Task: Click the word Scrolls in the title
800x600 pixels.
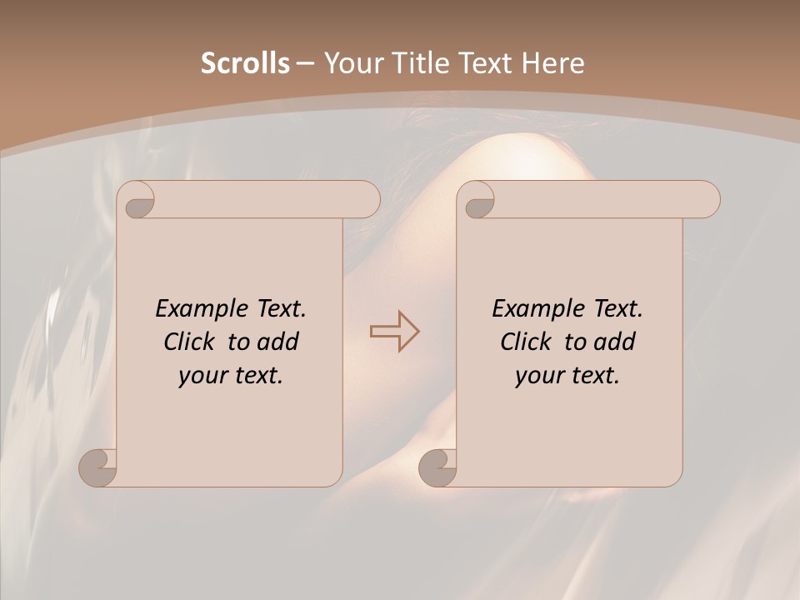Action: pos(245,63)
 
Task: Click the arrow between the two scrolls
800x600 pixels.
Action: pos(394,331)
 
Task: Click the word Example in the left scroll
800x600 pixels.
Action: pos(202,309)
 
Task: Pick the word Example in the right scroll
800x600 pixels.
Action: pos(539,309)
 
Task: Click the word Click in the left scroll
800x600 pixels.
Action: pos(191,342)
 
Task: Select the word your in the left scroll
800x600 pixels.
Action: pos(203,376)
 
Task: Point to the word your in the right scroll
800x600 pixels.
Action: pos(540,376)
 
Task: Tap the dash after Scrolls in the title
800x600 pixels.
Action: pos(305,64)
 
